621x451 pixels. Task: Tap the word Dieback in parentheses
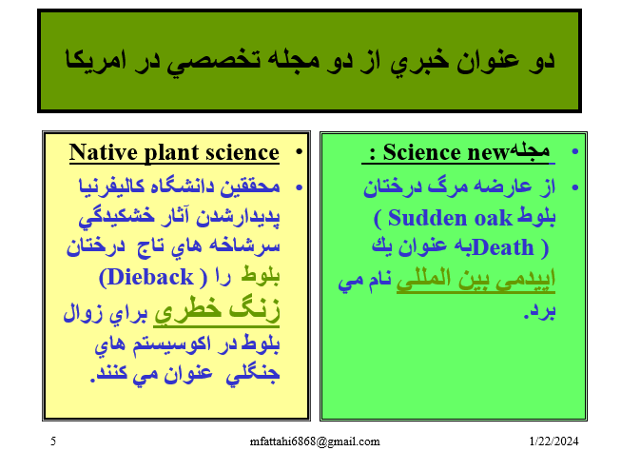point(150,277)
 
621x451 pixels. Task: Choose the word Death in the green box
point(503,247)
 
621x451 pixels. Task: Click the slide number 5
point(53,441)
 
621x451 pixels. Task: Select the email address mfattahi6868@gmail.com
point(315,441)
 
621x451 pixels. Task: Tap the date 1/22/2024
point(553,441)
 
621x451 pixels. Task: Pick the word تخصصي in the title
point(213,62)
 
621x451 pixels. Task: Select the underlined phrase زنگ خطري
point(217,311)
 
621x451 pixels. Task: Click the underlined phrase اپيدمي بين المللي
point(475,279)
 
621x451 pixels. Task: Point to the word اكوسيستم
point(172,343)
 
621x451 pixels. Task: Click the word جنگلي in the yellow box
point(253,373)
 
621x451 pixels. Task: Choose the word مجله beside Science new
point(530,151)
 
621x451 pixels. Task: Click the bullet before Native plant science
point(299,152)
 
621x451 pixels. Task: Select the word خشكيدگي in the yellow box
point(116,217)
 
